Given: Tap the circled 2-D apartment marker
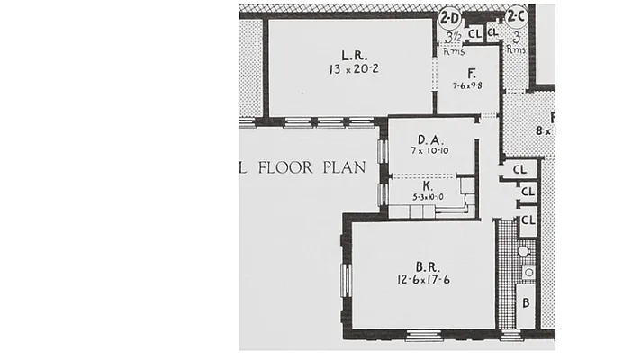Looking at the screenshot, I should click(448, 16).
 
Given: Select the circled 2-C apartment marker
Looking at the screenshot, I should click(516, 15).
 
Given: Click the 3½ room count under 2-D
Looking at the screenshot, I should click(454, 37).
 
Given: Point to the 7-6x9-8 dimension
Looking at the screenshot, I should click(469, 86).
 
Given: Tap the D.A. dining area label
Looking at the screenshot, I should click(428, 139).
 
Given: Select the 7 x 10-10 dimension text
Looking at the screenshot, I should click(428, 153).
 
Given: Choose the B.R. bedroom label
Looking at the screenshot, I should click(428, 265).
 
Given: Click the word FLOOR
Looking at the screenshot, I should click(289, 167).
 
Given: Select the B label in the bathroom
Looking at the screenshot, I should click(526, 301).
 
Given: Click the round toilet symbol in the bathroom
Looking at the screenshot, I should click(528, 271).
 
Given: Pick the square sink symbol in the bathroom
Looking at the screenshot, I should click(528, 253).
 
